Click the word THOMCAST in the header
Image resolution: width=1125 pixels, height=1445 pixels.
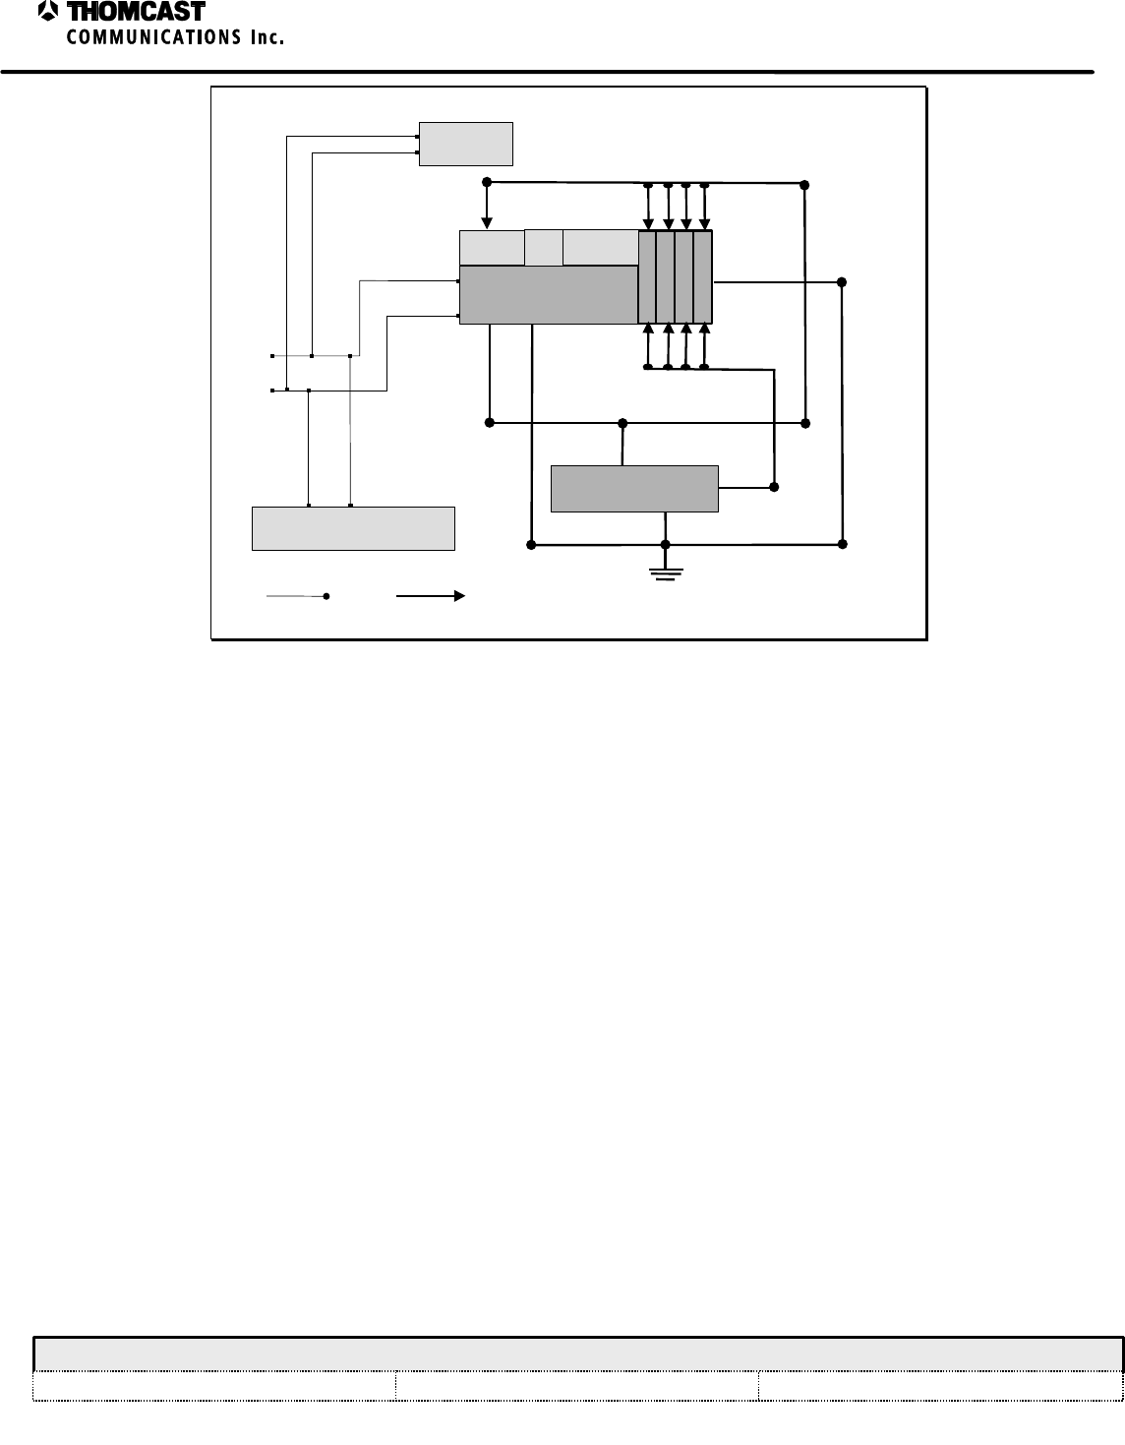click(136, 12)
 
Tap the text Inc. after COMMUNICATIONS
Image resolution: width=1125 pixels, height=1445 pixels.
click(266, 37)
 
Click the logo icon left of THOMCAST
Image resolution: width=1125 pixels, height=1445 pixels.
click(48, 12)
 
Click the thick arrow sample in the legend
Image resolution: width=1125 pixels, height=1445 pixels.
click(430, 596)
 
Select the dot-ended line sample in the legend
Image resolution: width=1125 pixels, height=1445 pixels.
click(297, 596)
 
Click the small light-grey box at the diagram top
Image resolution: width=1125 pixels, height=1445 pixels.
click(465, 144)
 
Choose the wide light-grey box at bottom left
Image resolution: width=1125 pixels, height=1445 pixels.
click(353, 528)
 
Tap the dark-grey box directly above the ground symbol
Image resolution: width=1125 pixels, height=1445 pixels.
click(634, 489)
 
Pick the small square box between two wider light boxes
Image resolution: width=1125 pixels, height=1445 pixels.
click(543, 247)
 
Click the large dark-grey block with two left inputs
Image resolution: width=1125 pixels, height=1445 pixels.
click(548, 294)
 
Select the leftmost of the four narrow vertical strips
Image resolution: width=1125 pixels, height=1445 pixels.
click(647, 277)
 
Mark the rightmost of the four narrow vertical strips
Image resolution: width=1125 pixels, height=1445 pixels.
click(703, 277)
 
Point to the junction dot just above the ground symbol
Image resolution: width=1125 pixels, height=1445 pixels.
click(666, 544)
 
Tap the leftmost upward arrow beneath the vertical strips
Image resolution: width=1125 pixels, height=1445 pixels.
click(647, 341)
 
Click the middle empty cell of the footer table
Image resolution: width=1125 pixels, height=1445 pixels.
click(576, 1386)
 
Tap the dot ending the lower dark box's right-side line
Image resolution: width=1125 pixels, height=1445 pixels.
click(774, 487)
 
